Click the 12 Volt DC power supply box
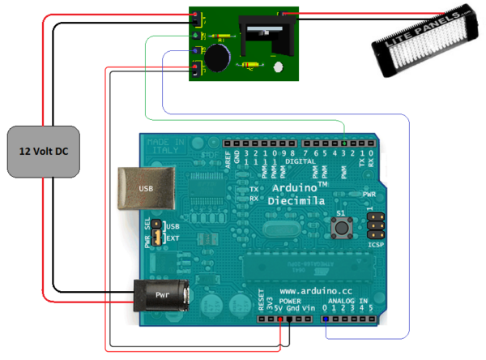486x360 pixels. pyautogui.click(x=47, y=151)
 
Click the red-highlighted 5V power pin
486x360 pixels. pyautogui.click(x=279, y=320)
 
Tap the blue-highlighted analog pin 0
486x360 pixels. pyautogui.click(x=326, y=320)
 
